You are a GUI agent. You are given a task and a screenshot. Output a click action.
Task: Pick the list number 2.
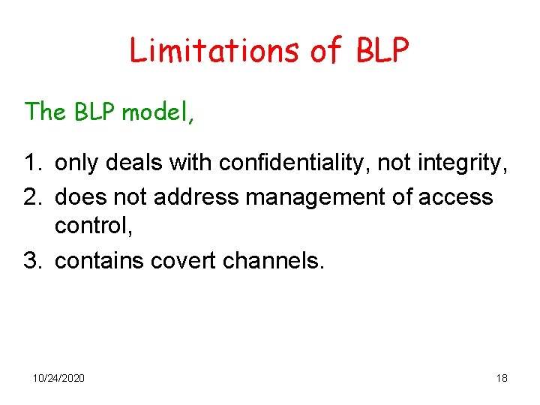pos(32,197)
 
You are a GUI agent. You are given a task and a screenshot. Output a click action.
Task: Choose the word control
pos(91,226)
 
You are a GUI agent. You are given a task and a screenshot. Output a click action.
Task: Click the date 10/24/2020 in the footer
pos(59,378)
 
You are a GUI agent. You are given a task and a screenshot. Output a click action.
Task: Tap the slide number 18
pos(502,378)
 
